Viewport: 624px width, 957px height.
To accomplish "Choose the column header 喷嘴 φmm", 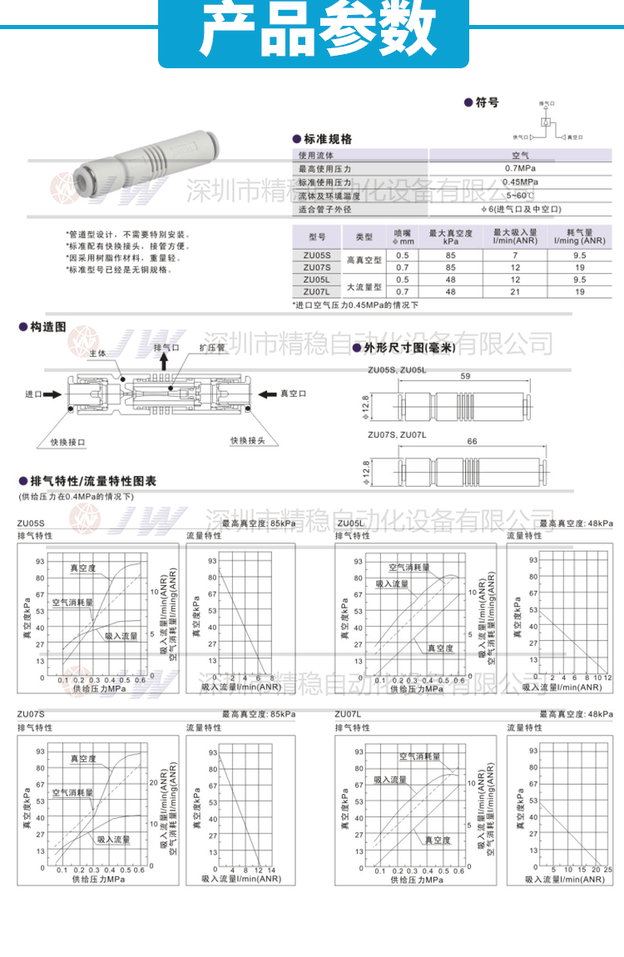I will click(403, 237).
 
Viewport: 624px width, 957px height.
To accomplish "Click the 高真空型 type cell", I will click(364, 260).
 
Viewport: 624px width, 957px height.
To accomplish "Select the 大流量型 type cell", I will click(364, 285).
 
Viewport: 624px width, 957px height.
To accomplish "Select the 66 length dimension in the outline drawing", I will click(472, 441).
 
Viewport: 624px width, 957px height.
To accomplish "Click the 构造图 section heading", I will click(47, 328).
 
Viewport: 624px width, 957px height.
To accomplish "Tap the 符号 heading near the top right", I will click(487, 103).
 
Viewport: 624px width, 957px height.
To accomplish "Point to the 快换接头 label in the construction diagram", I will click(247, 440).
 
